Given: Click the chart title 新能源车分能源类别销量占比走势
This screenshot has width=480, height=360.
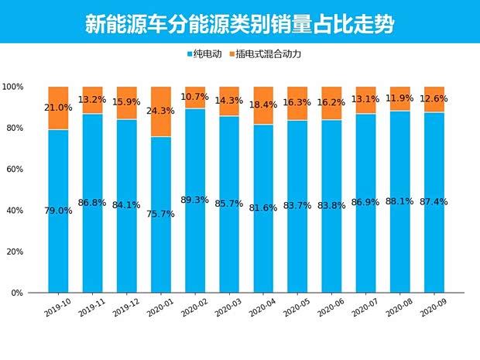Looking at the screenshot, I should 239,22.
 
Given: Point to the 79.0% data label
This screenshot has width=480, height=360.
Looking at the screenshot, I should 58,211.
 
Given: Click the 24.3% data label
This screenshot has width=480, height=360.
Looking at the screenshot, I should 161,111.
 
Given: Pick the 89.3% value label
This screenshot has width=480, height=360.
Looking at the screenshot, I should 195,200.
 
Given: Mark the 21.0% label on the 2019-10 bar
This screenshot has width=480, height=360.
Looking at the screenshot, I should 58,108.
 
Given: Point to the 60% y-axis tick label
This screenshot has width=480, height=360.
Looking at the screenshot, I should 15,170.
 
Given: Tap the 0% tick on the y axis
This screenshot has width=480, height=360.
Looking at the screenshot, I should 19,293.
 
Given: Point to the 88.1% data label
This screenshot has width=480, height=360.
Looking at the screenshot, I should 400,202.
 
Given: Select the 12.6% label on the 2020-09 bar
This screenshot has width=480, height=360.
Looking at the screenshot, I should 434,98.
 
